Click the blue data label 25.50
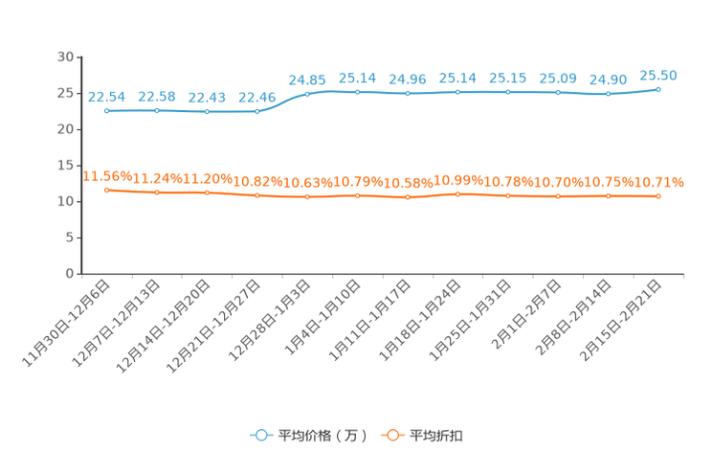tap(658, 76)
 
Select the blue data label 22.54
tap(106, 97)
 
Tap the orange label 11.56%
tap(107, 176)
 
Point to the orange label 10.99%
tap(458, 180)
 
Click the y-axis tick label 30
tap(65, 57)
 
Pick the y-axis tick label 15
tap(65, 166)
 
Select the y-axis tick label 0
tap(70, 274)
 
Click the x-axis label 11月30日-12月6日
tap(66, 324)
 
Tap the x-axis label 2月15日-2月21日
tap(620, 321)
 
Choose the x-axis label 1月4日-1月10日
tap(323, 317)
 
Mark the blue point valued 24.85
tap(307, 94)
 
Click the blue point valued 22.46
tap(257, 111)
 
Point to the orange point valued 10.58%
tap(408, 197)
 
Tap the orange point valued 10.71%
tap(658, 196)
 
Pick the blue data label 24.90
tap(608, 80)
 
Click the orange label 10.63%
tap(308, 183)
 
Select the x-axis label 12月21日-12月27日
tap(213, 327)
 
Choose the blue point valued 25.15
tap(508, 92)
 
